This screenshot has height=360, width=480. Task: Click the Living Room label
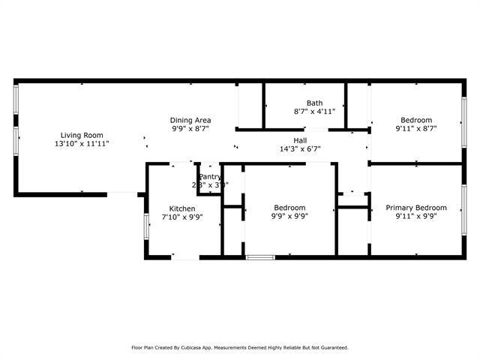point(82,135)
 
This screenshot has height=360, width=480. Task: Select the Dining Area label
point(190,120)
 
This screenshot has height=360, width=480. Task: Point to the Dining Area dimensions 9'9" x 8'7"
point(190,128)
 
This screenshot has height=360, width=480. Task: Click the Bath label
point(313,103)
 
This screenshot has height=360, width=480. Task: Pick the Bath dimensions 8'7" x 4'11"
point(313,112)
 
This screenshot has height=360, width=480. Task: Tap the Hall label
point(299,140)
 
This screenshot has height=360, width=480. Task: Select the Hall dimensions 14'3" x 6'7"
point(299,148)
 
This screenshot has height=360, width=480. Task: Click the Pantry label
point(210,177)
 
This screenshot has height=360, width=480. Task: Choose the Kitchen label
point(182,208)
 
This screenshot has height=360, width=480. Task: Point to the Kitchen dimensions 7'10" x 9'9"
point(182,217)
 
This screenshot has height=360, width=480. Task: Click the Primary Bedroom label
point(415,208)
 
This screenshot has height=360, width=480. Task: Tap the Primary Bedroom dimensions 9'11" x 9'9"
point(415,216)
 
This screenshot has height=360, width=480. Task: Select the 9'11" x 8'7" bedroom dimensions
point(415,128)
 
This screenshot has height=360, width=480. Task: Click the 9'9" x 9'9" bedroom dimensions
point(289,216)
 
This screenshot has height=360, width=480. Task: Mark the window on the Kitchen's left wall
point(146,227)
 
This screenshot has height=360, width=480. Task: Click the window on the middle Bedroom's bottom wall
point(261,258)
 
